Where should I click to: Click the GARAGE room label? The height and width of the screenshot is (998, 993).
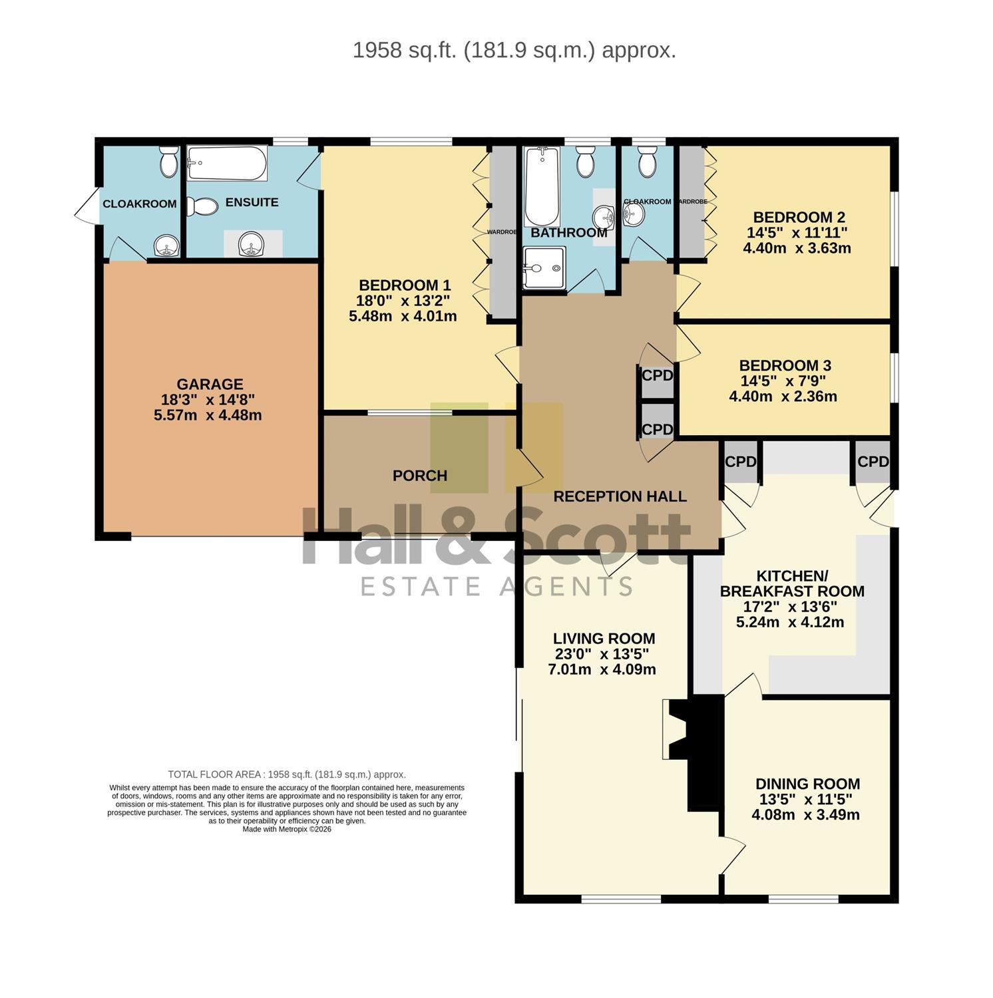210,384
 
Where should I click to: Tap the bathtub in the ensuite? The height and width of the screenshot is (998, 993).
227,163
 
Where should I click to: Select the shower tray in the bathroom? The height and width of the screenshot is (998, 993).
544,268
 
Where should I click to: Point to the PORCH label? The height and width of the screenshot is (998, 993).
420,476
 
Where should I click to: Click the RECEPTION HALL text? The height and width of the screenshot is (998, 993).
620,496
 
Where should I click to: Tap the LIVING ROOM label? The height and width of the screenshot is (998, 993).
604,639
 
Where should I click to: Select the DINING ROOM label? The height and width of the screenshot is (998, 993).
808,784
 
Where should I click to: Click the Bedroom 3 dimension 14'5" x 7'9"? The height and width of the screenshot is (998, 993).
785,381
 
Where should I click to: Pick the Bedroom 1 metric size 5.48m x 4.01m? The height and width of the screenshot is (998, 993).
403,316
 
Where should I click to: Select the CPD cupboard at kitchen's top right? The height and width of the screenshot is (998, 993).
873,461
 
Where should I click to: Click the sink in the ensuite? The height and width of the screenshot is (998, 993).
252,244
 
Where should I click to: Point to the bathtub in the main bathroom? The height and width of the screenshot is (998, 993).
542,187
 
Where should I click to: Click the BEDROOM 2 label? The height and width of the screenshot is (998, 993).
799,217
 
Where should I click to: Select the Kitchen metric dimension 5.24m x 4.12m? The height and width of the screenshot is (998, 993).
790,622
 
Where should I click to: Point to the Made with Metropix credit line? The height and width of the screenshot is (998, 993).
287,829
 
